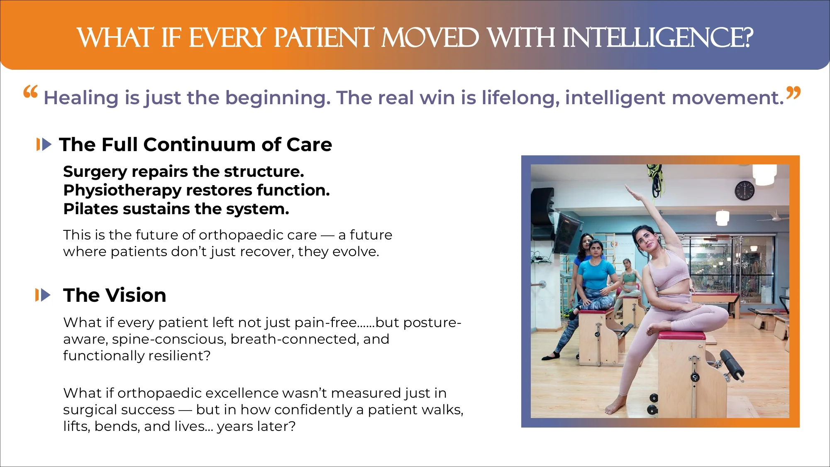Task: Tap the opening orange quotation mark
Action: coord(30,91)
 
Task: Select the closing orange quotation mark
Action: coord(793,93)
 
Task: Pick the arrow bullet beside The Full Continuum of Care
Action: coord(44,144)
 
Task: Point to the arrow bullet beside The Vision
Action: coord(43,295)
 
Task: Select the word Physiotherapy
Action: coord(122,191)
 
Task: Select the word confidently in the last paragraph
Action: coord(313,410)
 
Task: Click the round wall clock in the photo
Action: coord(745,191)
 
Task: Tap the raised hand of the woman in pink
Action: coord(631,192)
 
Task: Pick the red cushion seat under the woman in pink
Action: coord(681,335)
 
